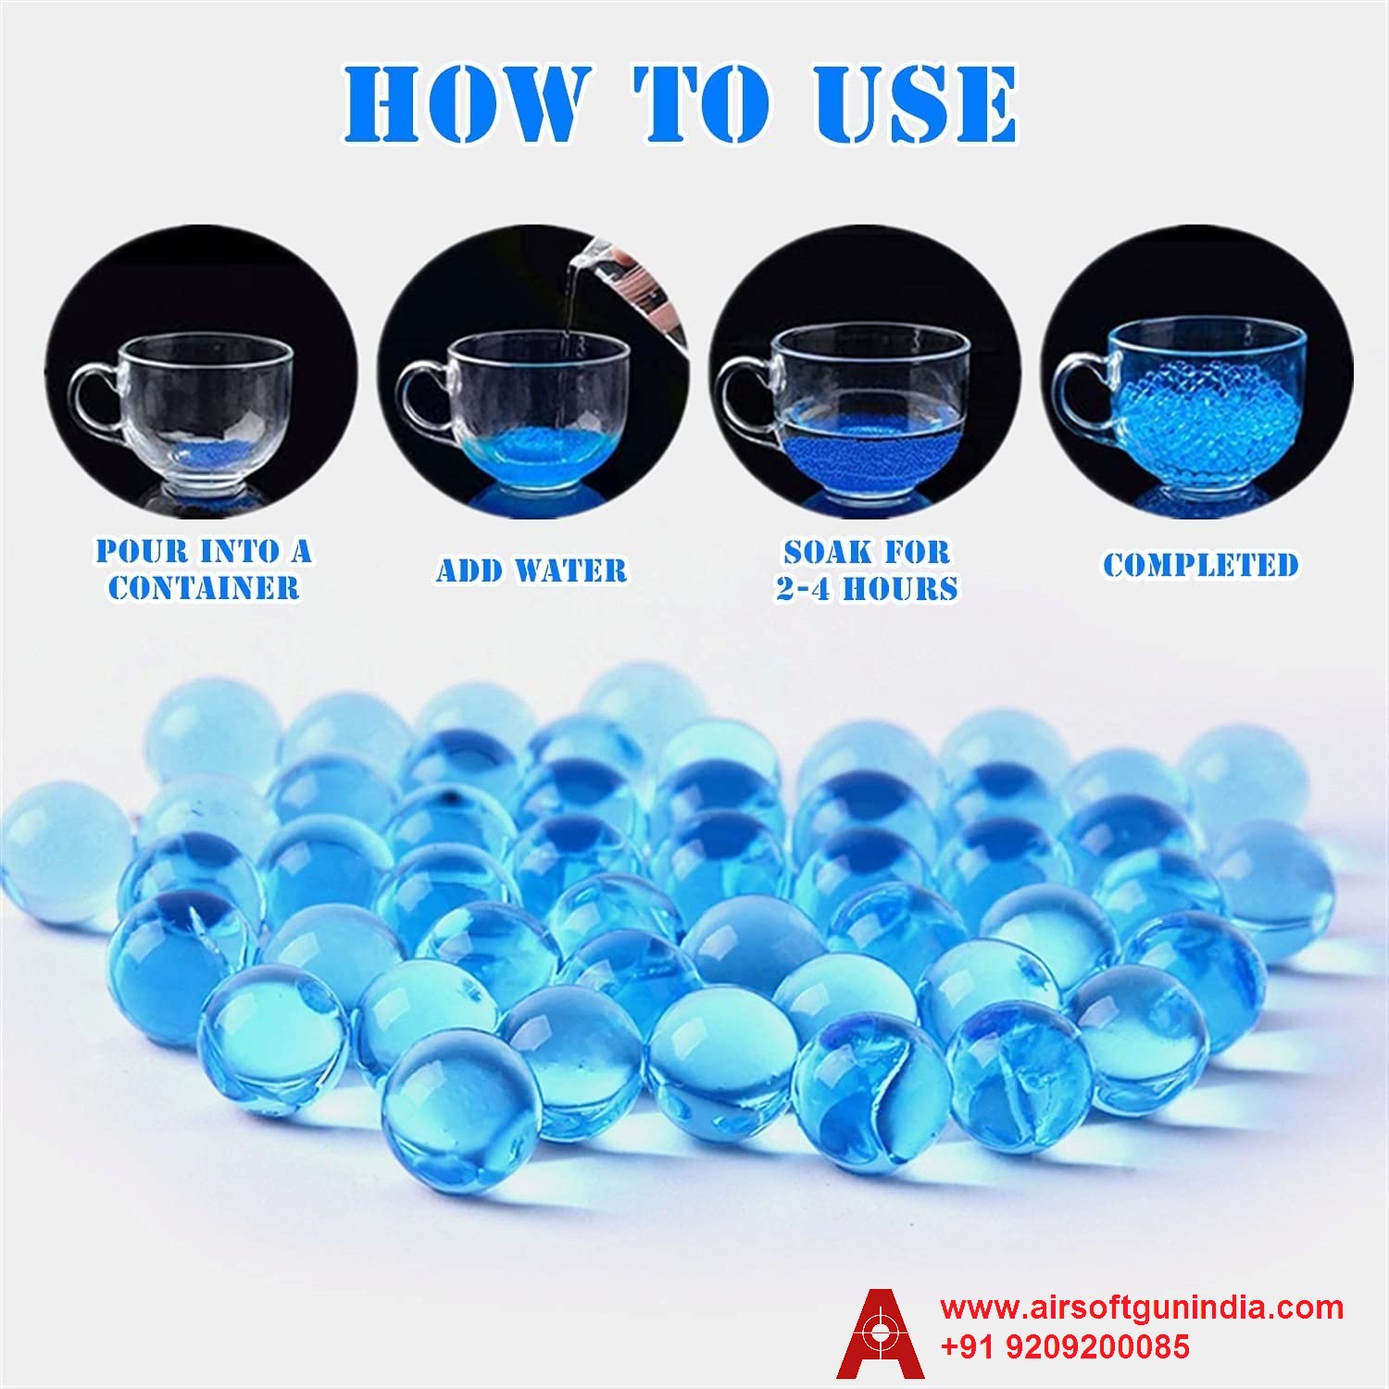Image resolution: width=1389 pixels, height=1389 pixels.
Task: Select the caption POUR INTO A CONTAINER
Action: (204, 569)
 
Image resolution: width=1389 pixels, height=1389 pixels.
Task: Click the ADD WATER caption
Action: (532, 569)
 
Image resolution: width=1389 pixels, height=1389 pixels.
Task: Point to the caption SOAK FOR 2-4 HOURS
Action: (867, 569)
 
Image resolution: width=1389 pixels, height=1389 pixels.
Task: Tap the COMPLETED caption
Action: (1200, 564)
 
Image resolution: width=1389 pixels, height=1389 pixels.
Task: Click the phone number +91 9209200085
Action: (1065, 1345)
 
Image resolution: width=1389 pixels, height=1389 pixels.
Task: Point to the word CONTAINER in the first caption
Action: (204, 587)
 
